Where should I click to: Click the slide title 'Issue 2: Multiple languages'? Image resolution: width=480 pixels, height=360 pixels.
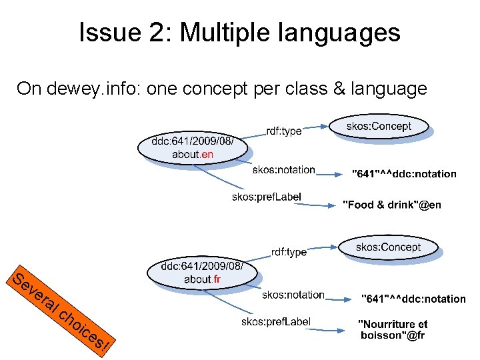point(239,32)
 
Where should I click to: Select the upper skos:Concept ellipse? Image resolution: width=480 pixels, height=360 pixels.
point(379,127)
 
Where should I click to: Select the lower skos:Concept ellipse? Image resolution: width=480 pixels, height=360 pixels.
point(388,248)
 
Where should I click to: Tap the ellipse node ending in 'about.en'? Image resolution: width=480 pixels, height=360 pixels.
point(193,148)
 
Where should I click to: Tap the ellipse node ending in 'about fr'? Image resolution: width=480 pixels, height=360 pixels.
point(202,273)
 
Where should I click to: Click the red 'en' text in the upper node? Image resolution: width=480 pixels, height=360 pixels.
point(207,155)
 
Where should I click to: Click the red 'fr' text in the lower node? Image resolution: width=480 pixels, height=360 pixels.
point(217,279)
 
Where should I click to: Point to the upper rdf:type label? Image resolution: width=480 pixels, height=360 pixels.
point(283,131)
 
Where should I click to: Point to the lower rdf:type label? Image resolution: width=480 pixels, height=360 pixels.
point(289,252)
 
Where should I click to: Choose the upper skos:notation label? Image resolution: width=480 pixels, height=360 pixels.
point(283,170)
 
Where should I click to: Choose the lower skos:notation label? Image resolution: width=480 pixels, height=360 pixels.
point(293,295)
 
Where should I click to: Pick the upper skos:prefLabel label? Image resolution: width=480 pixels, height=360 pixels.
point(267,197)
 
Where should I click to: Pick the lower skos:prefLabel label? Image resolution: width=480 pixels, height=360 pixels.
point(276,322)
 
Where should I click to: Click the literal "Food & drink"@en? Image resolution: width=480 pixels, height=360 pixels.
point(392,205)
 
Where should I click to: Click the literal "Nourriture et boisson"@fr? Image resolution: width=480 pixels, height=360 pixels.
point(393,330)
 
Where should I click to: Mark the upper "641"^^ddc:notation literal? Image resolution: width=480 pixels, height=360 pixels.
point(404,174)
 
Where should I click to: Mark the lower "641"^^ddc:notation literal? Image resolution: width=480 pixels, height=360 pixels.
point(413,299)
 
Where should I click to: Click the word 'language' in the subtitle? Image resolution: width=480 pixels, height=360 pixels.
point(386,89)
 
